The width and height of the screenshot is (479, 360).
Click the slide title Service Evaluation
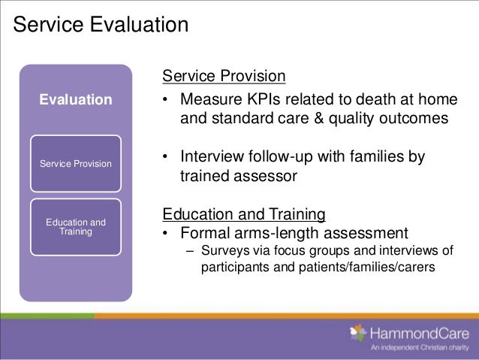[101, 26]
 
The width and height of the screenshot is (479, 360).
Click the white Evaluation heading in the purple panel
[76, 99]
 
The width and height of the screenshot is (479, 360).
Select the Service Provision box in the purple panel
[76, 163]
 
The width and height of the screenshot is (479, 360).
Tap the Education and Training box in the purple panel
[76, 226]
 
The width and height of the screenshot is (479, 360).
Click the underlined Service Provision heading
[224, 77]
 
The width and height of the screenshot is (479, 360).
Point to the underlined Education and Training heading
[243, 214]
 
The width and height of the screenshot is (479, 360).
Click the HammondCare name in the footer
[420, 333]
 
